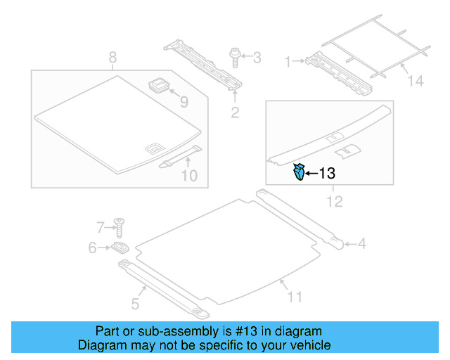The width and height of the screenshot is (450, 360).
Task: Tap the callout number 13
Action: point(328,173)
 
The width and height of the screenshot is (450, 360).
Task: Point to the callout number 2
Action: point(236,112)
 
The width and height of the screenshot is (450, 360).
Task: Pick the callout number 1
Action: point(287,62)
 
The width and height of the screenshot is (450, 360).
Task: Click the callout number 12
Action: point(334,202)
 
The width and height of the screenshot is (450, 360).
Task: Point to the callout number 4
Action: point(361,244)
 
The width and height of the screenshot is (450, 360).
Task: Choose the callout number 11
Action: point(295,297)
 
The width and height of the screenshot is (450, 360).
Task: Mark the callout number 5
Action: point(135,304)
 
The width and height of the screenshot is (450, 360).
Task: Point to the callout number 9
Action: point(184,103)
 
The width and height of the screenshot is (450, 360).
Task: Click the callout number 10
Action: point(190,176)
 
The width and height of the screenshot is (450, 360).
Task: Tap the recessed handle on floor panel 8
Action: point(153,148)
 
